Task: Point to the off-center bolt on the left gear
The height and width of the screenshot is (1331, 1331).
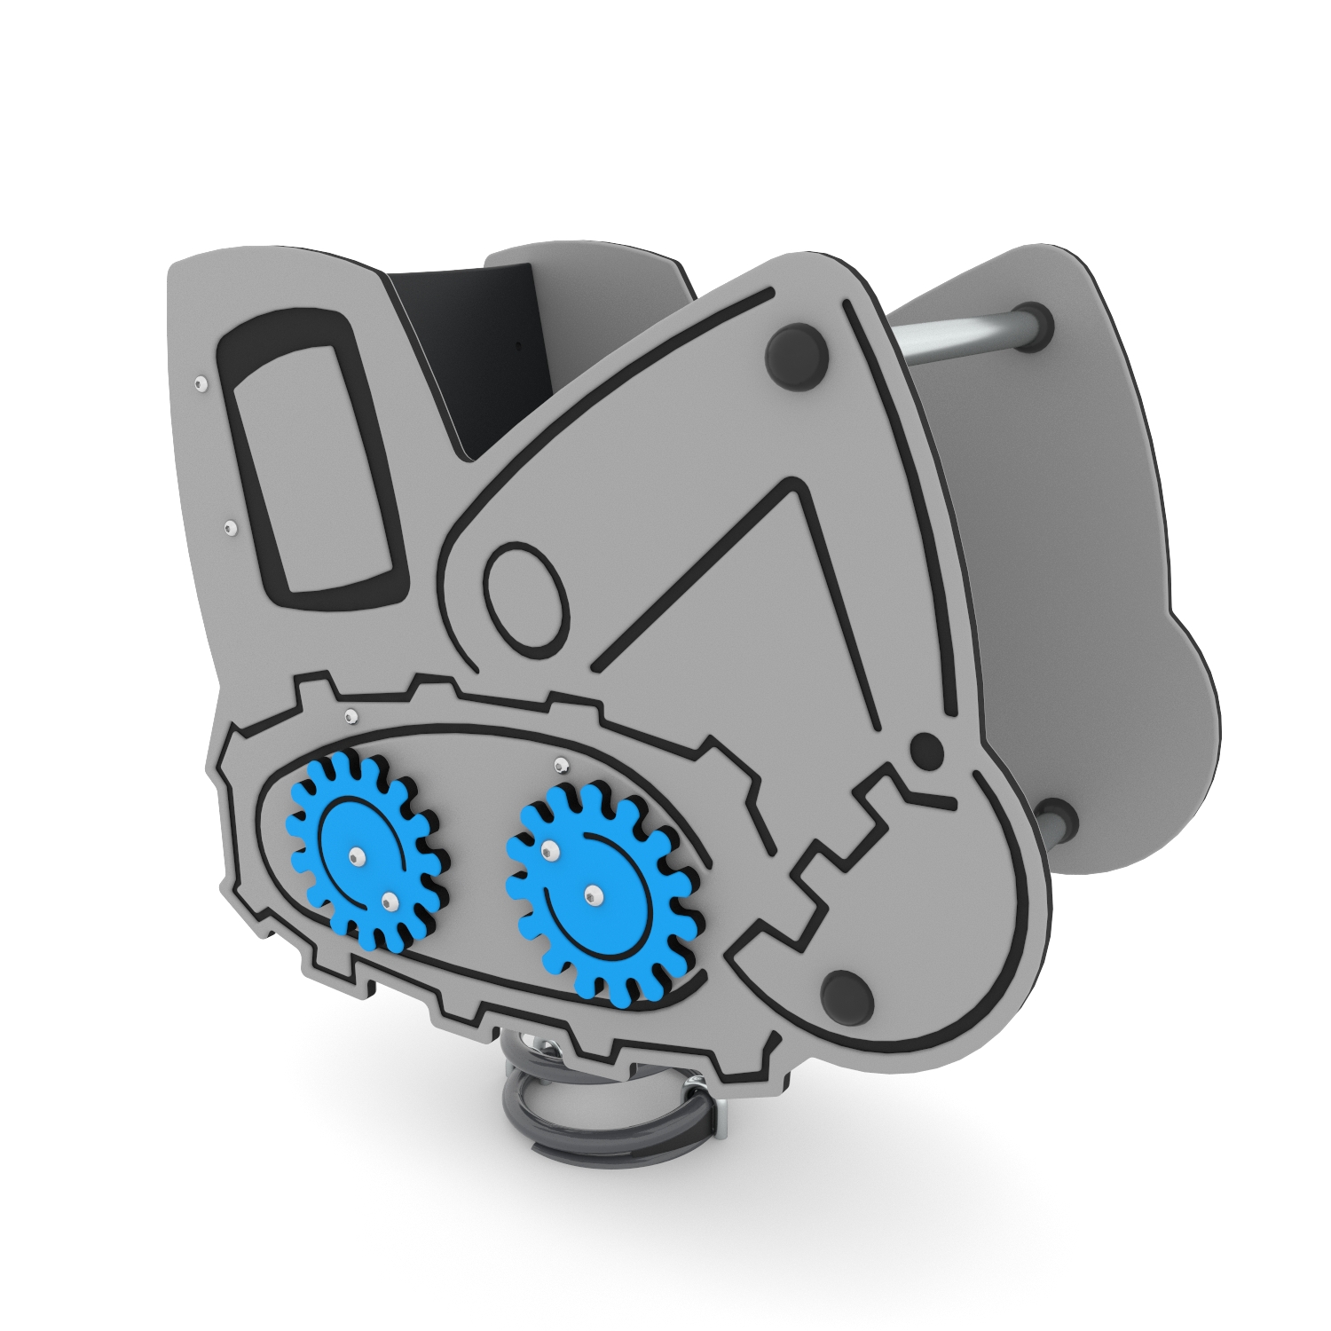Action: [388, 902]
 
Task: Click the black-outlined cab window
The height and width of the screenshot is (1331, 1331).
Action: [311, 453]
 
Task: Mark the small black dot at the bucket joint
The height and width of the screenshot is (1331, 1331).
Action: [926, 749]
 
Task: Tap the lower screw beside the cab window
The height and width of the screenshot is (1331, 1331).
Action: [230, 528]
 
